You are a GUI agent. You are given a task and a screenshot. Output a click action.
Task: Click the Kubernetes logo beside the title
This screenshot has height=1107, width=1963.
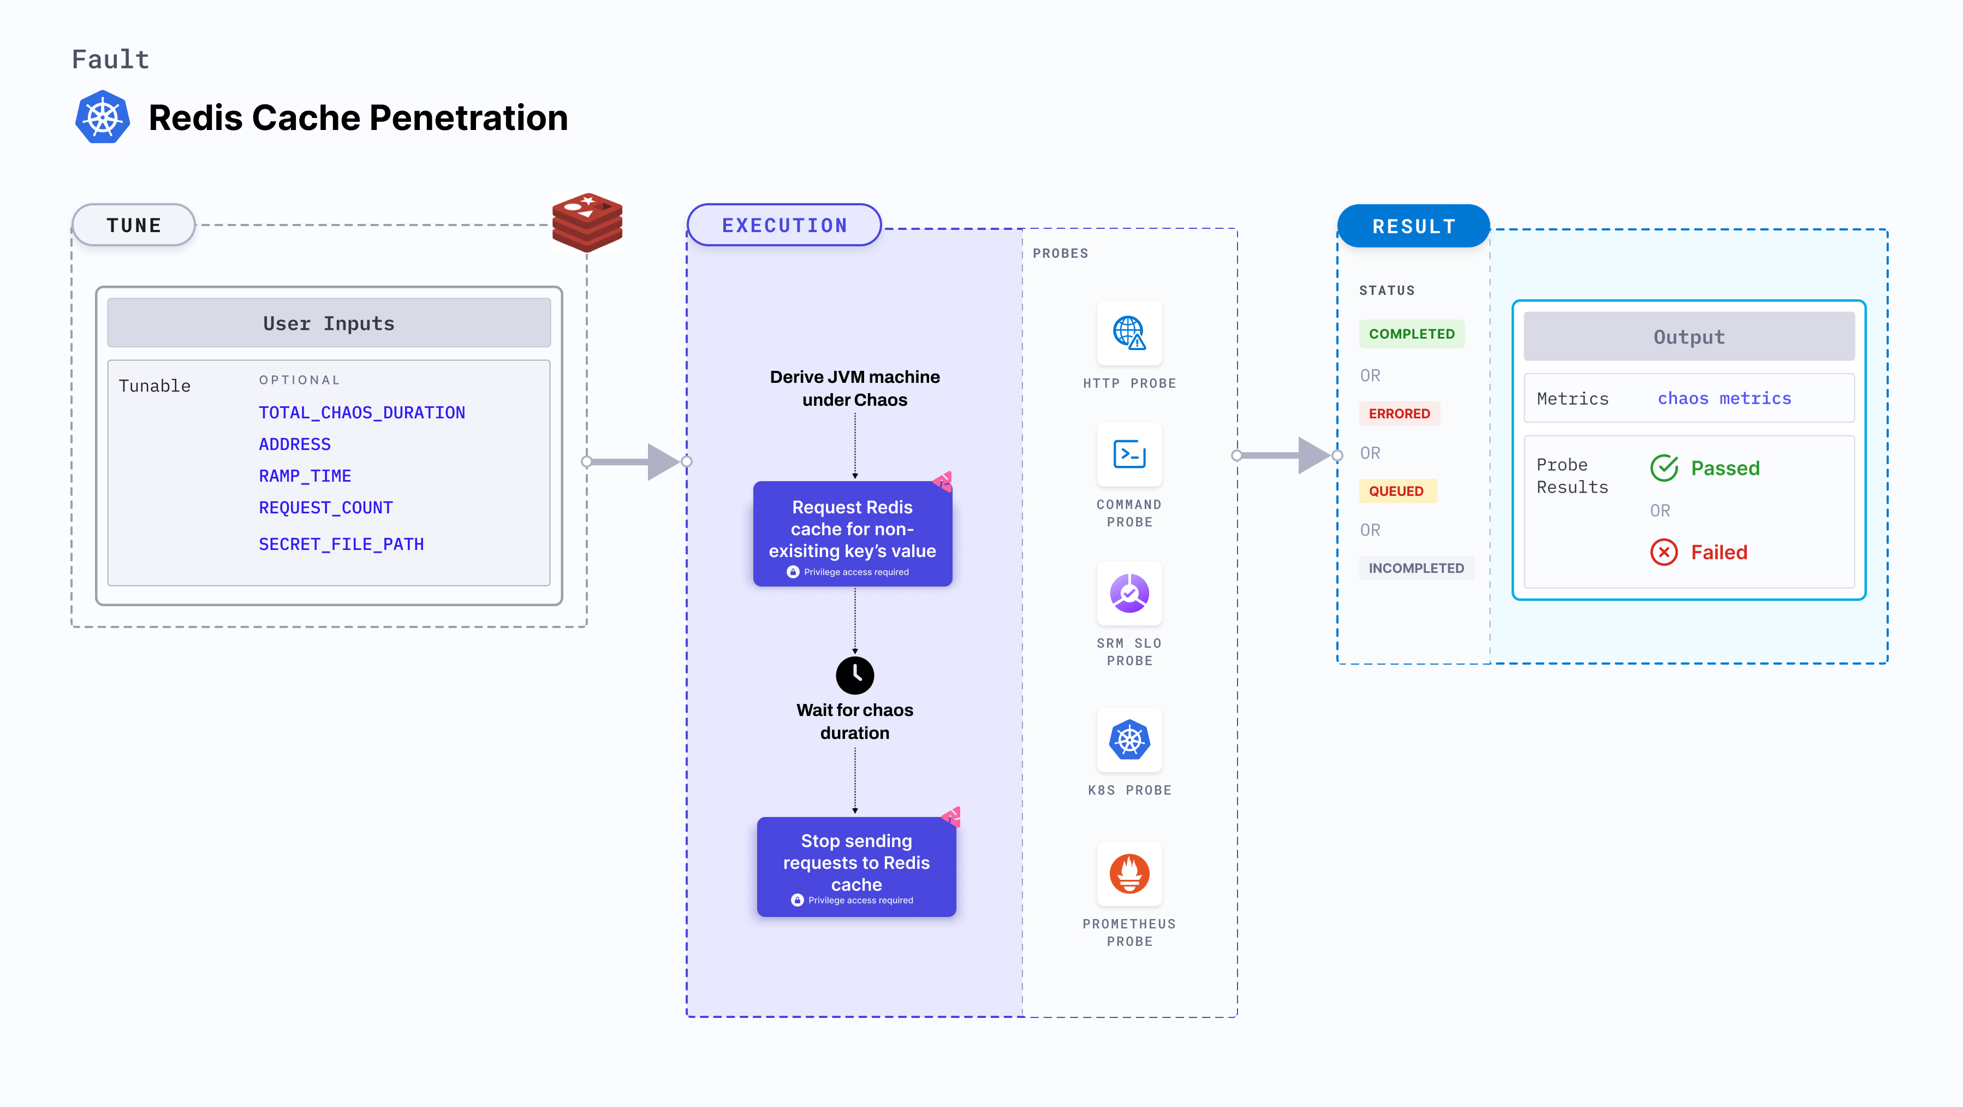[x=102, y=117]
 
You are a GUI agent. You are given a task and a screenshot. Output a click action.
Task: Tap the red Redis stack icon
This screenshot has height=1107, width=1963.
[x=587, y=223]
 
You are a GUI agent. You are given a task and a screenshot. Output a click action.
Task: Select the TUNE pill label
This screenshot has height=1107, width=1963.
[x=134, y=226]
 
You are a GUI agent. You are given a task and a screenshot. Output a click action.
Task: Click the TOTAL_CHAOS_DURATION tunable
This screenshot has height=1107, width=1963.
[x=361, y=412]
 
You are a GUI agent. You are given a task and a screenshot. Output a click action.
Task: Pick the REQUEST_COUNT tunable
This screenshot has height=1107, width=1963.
[x=325, y=508]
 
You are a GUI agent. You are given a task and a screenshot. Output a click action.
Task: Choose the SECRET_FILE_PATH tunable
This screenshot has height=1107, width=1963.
[x=341, y=544]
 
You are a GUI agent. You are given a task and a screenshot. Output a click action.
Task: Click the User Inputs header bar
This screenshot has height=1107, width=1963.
[x=329, y=323]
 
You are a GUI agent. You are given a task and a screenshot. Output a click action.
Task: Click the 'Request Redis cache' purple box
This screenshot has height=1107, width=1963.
[x=852, y=534]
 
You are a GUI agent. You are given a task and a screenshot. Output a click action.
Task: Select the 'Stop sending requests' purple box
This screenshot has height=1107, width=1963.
[x=856, y=866]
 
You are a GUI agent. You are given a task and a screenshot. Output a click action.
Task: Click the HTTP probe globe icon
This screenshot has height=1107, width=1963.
[x=1128, y=333]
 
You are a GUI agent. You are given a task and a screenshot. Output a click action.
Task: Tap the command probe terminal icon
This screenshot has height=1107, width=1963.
[x=1128, y=454]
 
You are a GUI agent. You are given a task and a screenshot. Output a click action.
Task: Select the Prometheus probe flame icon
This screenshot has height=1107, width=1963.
[x=1128, y=874]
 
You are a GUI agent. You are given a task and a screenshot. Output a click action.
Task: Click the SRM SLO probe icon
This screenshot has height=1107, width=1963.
[x=1128, y=593]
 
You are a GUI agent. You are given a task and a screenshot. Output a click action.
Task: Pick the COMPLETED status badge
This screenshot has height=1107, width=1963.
[x=1411, y=334]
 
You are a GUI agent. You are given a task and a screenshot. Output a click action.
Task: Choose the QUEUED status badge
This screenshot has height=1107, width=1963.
[x=1396, y=491]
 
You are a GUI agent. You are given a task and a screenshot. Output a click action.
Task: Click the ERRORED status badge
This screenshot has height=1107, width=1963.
[x=1399, y=414]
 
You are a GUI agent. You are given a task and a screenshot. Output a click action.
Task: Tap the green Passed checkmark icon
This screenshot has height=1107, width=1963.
[x=1663, y=468]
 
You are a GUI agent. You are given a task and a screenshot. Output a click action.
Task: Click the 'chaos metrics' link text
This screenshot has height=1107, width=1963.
[x=1724, y=399]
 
